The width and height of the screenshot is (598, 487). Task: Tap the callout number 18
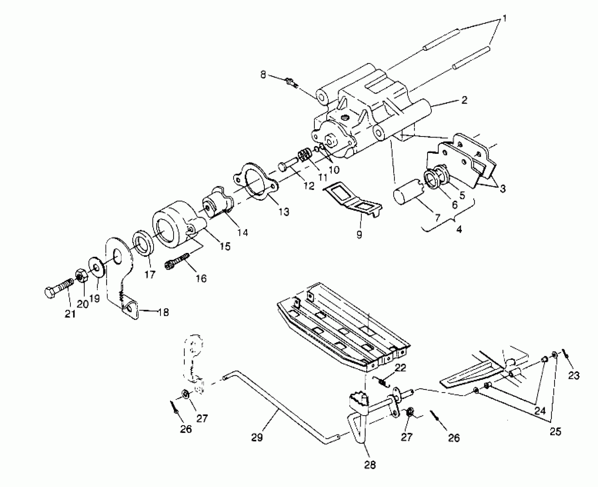coord(163,312)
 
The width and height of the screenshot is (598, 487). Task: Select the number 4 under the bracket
coord(459,229)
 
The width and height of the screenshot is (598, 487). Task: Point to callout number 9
coord(359,234)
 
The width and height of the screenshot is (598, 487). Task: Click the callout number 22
coord(400,368)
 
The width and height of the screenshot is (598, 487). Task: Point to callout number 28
coord(370,465)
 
